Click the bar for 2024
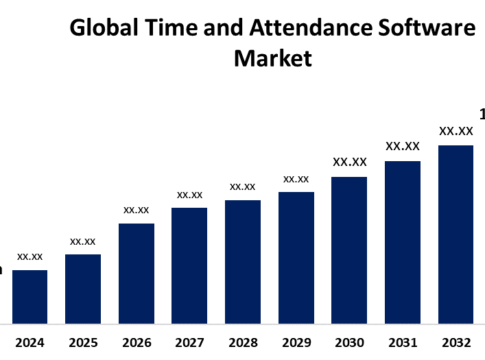point(30,296)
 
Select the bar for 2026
point(136,273)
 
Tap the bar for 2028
point(243,261)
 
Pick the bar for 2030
point(349,250)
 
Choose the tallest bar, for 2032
point(456,234)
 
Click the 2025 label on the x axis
point(83,342)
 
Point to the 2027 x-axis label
point(190,342)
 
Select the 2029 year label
point(296,342)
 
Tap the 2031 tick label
point(403,342)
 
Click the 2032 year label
point(456,342)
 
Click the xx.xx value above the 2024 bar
point(30,257)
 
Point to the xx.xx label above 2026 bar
point(136,210)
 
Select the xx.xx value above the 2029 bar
point(296,179)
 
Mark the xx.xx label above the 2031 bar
point(403,146)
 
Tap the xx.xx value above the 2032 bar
point(456,131)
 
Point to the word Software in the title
point(423,28)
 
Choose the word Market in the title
point(272,59)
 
